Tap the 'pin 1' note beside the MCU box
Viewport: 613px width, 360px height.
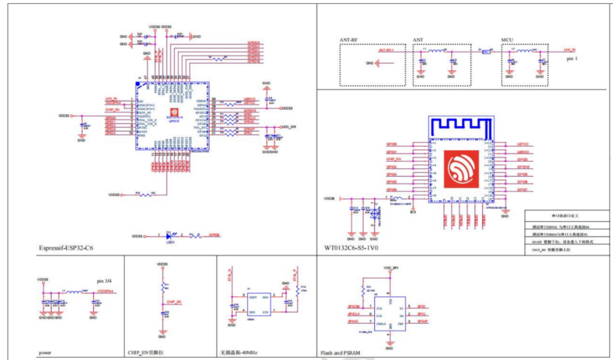click(572, 58)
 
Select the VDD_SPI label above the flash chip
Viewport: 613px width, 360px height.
click(389, 268)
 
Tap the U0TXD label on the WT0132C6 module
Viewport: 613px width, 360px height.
click(524, 143)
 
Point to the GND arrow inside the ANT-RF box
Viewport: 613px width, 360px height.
click(379, 64)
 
